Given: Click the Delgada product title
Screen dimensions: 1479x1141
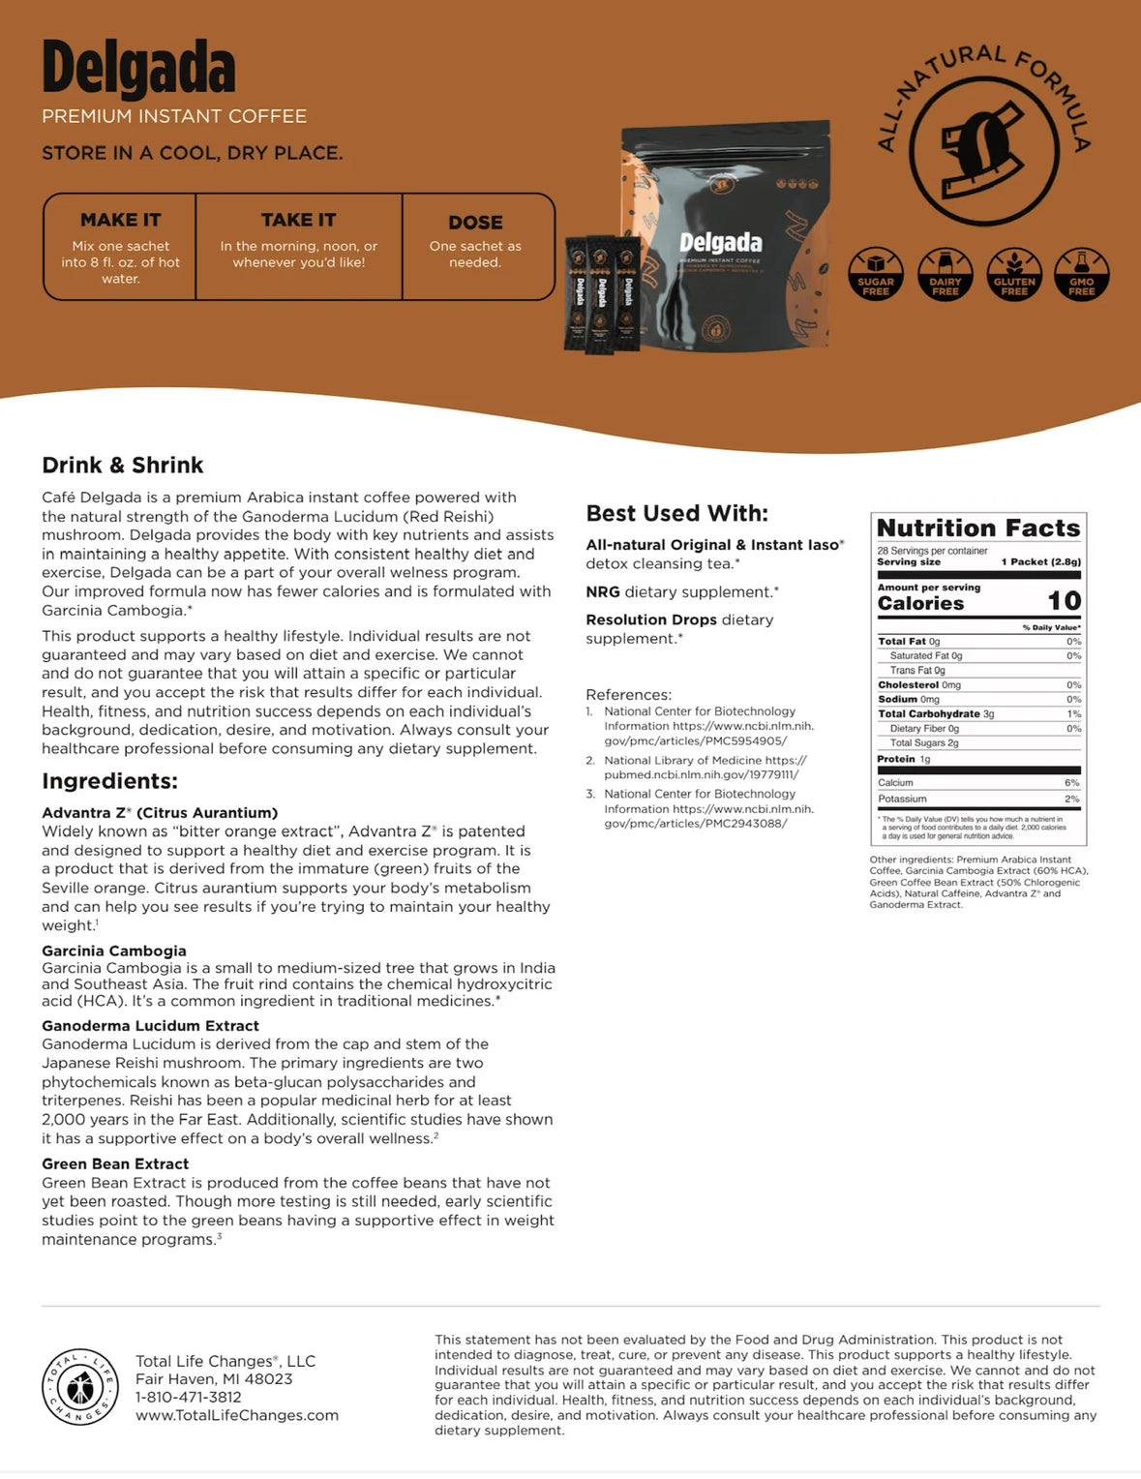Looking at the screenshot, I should pyautogui.click(x=138, y=69).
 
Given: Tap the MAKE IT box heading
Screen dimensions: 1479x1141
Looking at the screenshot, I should pyautogui.click(x=121, y=220).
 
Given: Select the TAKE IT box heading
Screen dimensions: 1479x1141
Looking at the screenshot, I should pyautogui.click(x=298, y=220).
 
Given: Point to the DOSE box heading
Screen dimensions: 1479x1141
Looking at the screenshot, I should pyautogui.click(x=475, y=223).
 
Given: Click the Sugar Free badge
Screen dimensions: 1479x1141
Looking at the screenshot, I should pyautogui.click(x=876, y=274).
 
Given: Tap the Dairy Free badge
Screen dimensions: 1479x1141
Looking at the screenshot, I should pyautogui.click(x=945, y=274).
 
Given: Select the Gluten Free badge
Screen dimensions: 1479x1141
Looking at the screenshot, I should pyautogui.click(x=1014, y=274).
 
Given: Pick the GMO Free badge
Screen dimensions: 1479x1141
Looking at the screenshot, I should pyautogui.click(x=1082, y=274).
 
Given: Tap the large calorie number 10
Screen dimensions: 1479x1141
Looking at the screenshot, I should pyautogui.click(x=1064, y=601).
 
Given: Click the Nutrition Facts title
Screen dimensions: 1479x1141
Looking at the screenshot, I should pyautogui.click(x=978, y=528).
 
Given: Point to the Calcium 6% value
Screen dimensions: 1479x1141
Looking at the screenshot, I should pyautogui.click(x=1071, y=783).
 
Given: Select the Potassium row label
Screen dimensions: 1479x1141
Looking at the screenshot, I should pyautogui.click(x=902, y=800).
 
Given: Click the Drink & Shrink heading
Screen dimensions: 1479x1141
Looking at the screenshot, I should pyautogui.click(x=123, y=466).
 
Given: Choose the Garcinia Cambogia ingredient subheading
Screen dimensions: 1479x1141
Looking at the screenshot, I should pyautogui.click(x=114, y=951).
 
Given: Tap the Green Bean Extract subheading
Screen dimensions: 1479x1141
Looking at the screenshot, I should pyautogui.click(x=115, y=1163).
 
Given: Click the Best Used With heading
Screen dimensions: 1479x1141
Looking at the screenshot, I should pyautogui.click(x=676, y=514).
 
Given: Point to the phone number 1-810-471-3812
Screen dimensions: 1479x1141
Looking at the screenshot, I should pyautogui.click(x=189, y=1397).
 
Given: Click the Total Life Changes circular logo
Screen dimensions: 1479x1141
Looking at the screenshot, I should pyautogui.click(x=80, y=1387).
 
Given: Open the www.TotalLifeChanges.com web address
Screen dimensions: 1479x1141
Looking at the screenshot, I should pyautogui.click(x=237, y=1415).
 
